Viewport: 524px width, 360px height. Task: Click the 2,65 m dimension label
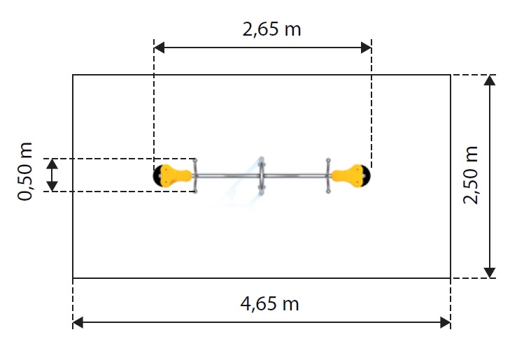pos(271,29)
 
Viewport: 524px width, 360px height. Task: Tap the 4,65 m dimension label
pos(269,304)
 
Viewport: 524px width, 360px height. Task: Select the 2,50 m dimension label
pos(471,175)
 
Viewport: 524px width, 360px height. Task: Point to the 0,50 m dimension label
pos(25,171)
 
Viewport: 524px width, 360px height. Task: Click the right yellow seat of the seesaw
pos(348,175)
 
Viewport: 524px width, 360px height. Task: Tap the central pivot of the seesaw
pos(262,175)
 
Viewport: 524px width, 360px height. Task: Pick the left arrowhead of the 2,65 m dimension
pos(159,48)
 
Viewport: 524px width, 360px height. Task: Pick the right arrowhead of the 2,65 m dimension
pos(367,48)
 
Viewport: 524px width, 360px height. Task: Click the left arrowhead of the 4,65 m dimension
pos(78,322)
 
